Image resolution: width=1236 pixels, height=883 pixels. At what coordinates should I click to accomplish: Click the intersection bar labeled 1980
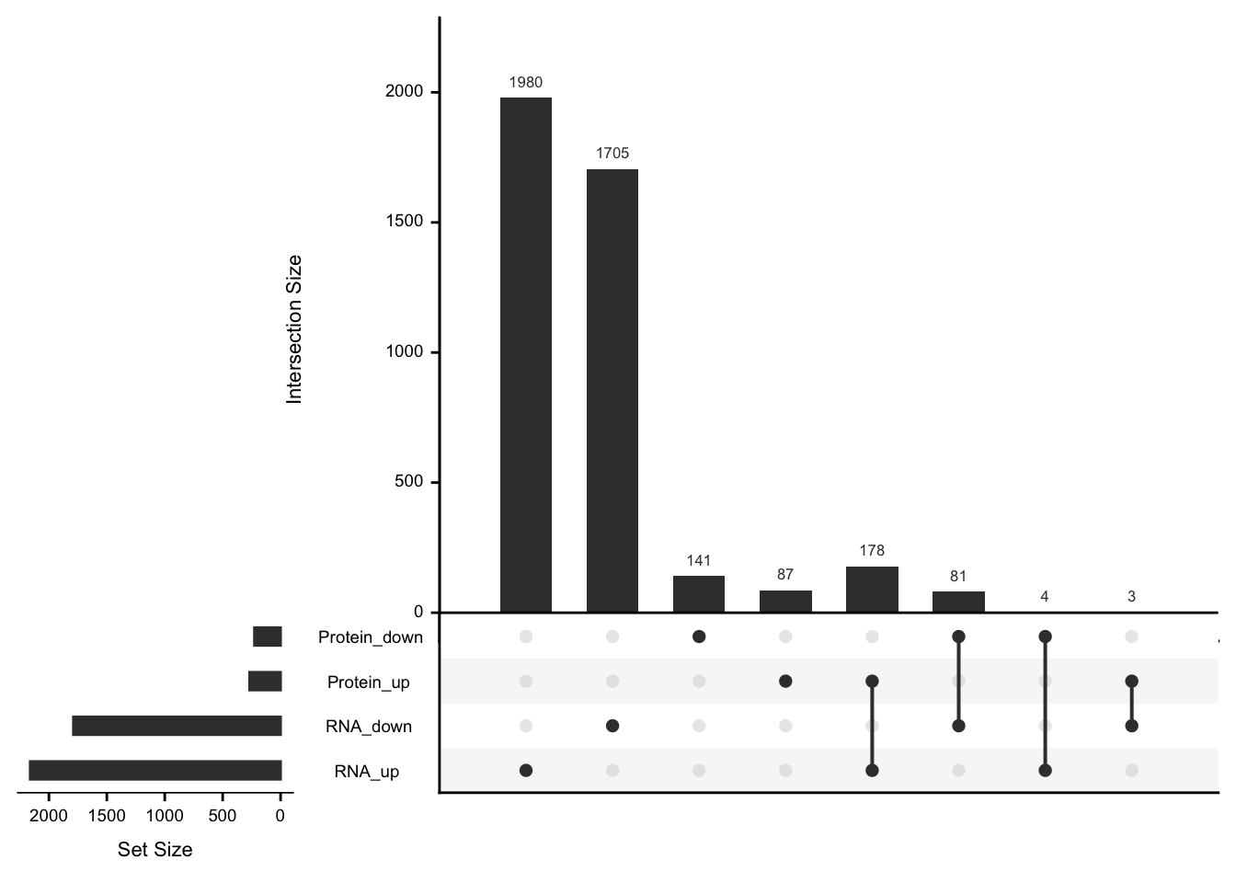[x=526, y=354]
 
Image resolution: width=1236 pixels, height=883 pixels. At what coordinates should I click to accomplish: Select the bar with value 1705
[x=612, y=390]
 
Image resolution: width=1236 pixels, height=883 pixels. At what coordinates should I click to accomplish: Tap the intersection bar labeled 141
[x=699, y=593]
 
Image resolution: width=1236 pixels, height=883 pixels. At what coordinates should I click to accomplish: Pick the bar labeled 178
[x=872, y=589]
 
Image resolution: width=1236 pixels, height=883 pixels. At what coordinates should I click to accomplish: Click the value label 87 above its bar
[x=784, y=575]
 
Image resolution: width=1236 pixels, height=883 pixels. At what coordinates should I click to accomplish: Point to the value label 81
[x=958, y=577]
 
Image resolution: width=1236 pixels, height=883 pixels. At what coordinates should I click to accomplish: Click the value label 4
[x=1045, y=597]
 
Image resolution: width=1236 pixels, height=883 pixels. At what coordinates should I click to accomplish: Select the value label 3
[x=1131, y=597]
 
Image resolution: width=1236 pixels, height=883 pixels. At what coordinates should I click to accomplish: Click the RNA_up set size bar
[x=155, y=771]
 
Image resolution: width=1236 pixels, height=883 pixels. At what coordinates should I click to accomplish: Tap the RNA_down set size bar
[x=177, y=726]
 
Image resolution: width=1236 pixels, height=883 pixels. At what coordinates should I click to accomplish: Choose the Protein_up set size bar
[x=265, y=682]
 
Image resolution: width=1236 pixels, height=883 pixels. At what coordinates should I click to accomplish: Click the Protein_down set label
[x=370, y=637]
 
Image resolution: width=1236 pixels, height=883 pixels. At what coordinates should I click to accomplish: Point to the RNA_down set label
[x=368, y=727]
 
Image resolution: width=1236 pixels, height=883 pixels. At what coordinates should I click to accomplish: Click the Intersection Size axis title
[x=294, y=329]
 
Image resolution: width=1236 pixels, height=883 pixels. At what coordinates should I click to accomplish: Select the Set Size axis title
[x=154, y=850]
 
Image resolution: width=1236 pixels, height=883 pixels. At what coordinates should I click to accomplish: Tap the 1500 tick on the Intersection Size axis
[x=405, y=222]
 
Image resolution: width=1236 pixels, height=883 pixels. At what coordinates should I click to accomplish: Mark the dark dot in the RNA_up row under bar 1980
[x=526, y=771]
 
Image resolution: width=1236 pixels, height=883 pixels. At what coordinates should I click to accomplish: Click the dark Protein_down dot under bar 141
[x=699, y=636]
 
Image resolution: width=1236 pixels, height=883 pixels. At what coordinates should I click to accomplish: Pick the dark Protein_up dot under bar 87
[x=785, y=682]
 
